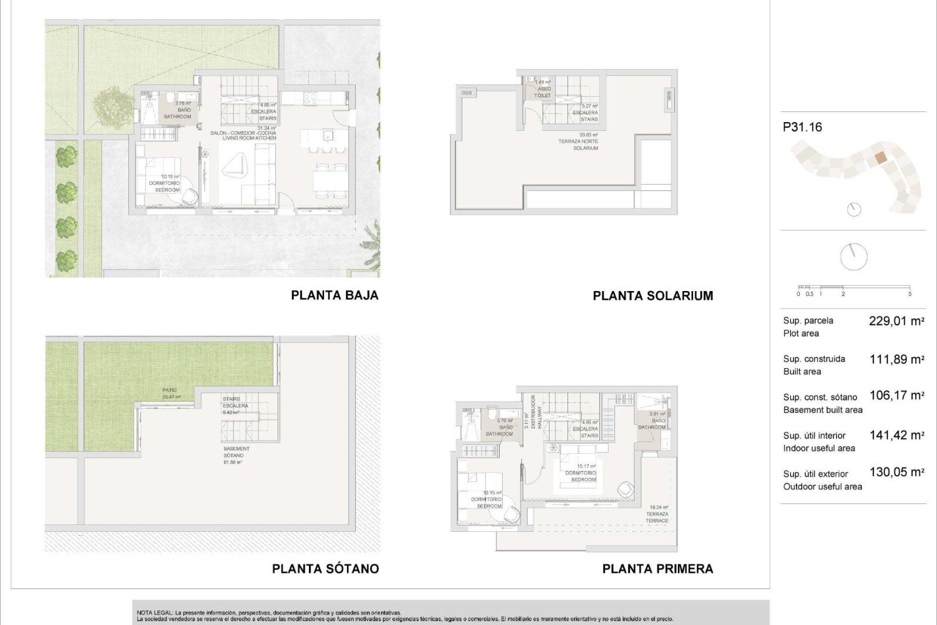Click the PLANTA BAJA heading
[x=334, y=295]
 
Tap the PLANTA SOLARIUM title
[x=652, y=296]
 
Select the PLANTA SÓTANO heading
[x=325, y=569]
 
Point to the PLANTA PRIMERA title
[x=658, y=569]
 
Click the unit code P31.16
[x=802, y=127]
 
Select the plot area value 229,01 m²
[x=896, y=321]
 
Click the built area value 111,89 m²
[x=896, y=359]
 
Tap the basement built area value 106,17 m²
[x=896, y=396]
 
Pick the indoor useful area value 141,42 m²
[x=896, y=435]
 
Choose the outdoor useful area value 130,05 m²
[x=896, y=473]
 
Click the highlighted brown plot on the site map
[x=879, y=157]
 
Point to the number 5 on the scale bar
[x=910, y=294]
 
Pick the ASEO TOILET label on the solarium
[x=544, y=92]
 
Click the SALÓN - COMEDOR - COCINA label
[x=243, y=133]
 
